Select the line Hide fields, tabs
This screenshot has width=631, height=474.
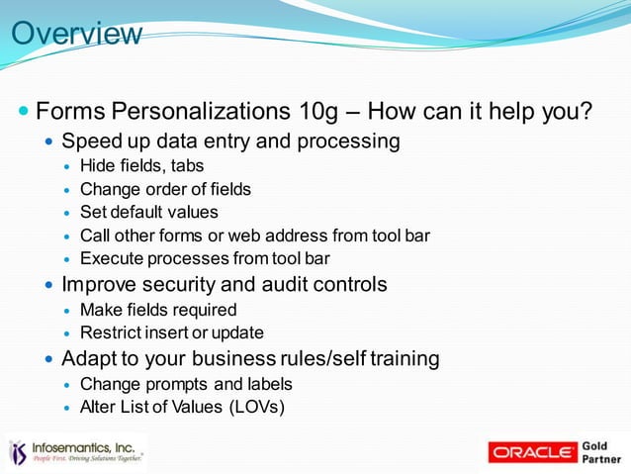141,165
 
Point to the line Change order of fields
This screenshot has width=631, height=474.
165,189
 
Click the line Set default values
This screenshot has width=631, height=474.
148,212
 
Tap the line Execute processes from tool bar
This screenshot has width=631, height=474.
204,259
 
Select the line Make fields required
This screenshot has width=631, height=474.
158,310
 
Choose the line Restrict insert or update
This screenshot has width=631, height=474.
171,332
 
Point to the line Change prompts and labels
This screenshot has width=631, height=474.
185,383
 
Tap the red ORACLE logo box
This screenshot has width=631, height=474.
532,452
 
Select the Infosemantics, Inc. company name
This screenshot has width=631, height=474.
85,446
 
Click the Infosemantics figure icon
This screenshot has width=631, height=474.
18,452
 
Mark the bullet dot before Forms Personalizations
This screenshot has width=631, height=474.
24,109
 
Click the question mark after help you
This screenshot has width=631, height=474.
586,109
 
